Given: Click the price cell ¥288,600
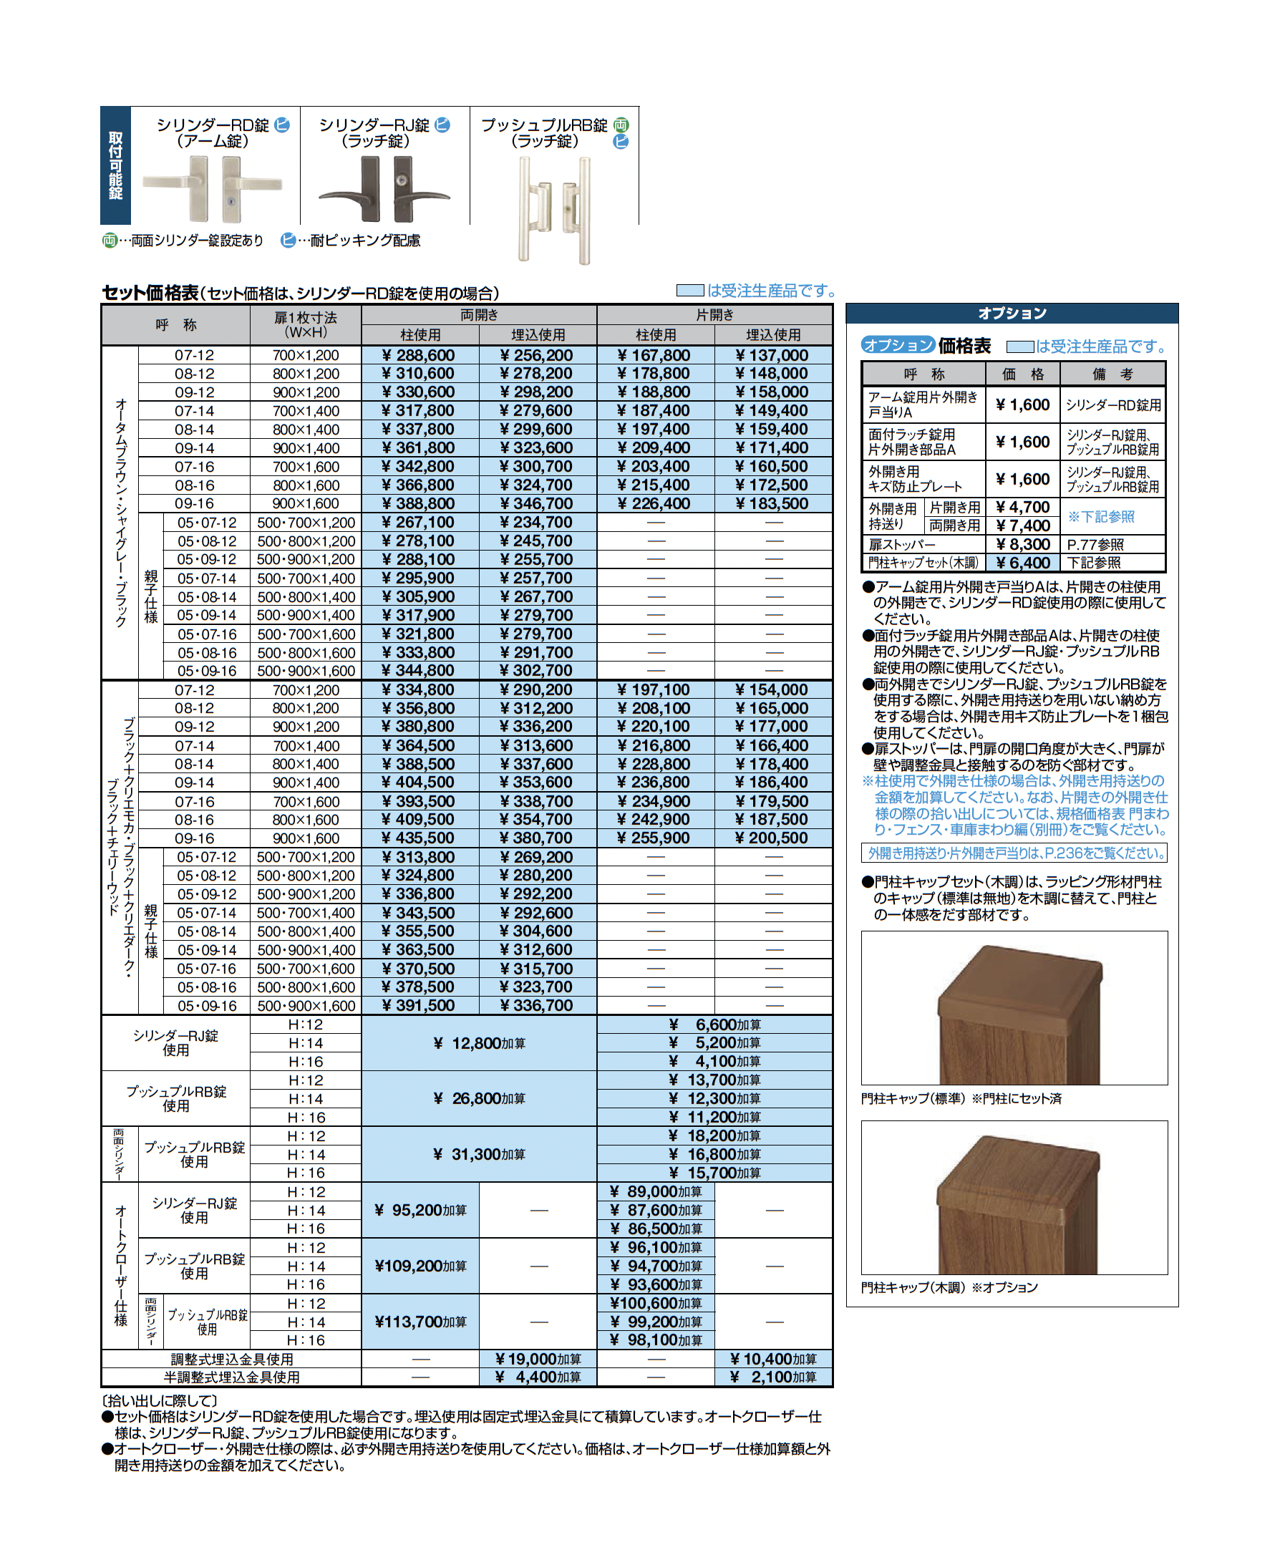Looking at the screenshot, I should click(420, 355).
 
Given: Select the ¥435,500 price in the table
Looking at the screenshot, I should click(420, 838).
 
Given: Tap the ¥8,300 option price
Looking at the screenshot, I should click(1022, 544).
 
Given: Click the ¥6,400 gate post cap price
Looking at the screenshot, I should click(1022, 563).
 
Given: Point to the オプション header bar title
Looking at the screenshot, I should click(1012, 314).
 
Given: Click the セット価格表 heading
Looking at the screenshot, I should click(150, 293).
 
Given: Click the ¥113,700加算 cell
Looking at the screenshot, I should click(420, 1322).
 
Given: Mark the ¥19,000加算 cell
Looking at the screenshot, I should click(538, 1359).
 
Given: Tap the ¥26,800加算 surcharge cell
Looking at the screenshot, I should click(479, 1098).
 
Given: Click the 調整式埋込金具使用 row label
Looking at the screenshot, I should click(232, 1359).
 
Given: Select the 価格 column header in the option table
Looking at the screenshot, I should click(1022, 374).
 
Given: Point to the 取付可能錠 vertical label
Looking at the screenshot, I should click(115, 165).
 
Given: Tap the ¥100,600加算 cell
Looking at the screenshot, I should click(656, 1303).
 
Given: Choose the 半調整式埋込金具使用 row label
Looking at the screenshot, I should click(232, 1377).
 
